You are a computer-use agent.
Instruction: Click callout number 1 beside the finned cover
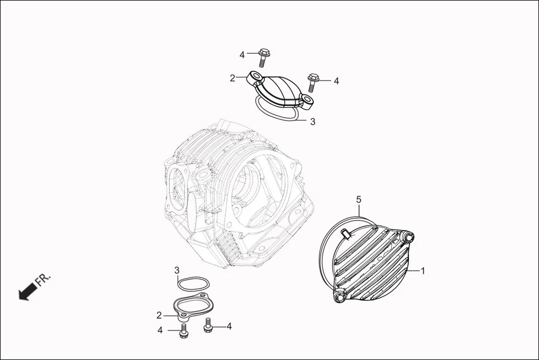tap(423, 271)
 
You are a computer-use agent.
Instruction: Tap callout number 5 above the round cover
tap(359, 199)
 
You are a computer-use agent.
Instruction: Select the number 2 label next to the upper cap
tap(232, 78)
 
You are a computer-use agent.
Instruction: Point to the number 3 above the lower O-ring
tap(177, 271)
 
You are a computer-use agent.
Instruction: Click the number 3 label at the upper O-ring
tap(312, 121)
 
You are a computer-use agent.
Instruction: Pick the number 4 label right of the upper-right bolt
tap(336, 81)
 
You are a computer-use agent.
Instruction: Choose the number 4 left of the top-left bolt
tap(242, 55)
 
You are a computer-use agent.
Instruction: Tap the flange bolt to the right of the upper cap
tap(312, 81)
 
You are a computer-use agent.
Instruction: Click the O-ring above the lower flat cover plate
tap(191, 284)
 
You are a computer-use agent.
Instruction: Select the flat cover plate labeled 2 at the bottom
tap(190, 306)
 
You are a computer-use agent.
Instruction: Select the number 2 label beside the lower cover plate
tap(159, 316)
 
